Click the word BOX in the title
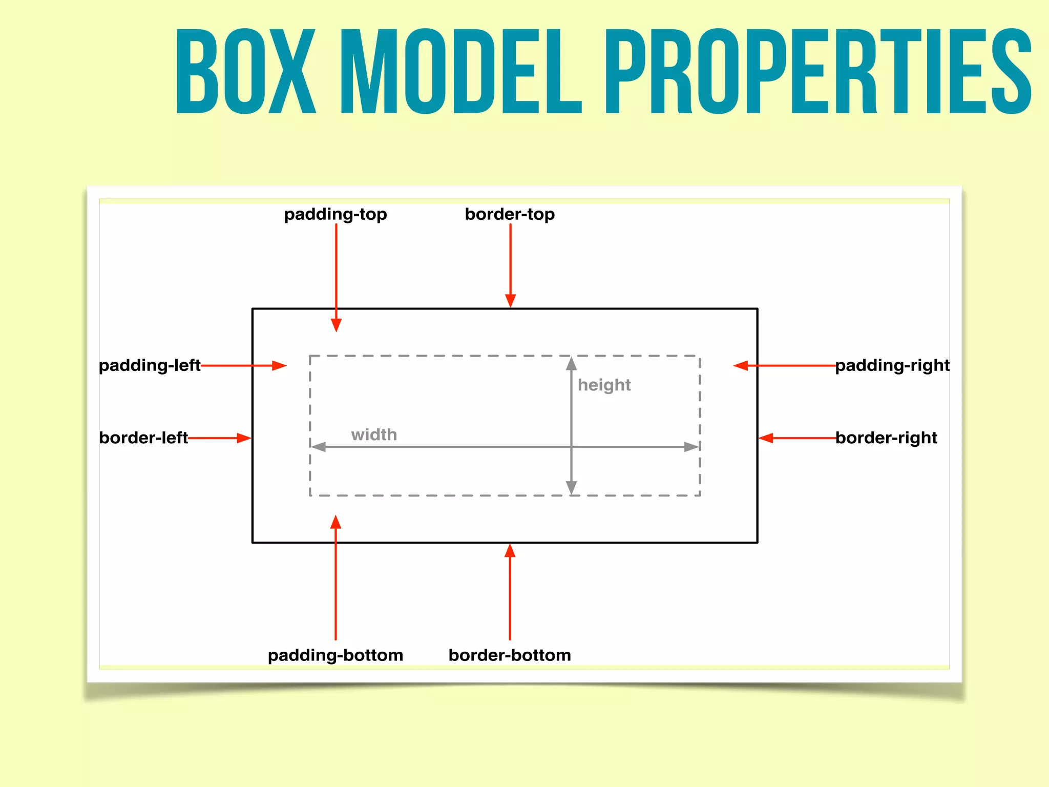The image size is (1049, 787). tap(246, 72)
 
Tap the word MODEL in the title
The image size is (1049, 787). tap(461, 72)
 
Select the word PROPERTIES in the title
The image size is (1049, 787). tap(819, 72)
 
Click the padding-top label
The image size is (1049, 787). tap(335, 214)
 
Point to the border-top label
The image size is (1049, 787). tap(510, 214)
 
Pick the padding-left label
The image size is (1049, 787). tap(150, 365)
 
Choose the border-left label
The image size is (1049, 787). tap(143, 438)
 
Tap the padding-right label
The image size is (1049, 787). tap(892, 365)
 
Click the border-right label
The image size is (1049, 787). tap(886, 438)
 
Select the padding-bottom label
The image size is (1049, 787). tap(335, 655)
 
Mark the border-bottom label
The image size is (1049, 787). tap(510, 655)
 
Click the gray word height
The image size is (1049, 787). tap(604, 385)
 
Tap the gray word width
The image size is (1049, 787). tap(374, 435)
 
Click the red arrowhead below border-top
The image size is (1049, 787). tap(510, 301)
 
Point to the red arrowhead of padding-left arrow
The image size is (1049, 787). tap(279, 365)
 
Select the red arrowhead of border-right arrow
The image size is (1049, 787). tap(766, 438)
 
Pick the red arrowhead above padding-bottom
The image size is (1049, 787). tap(335, 522)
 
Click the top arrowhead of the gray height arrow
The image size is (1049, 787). tap(572, 363)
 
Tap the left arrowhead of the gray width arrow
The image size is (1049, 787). tap(319, 447)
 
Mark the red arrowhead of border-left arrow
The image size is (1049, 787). tap(244, 438)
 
